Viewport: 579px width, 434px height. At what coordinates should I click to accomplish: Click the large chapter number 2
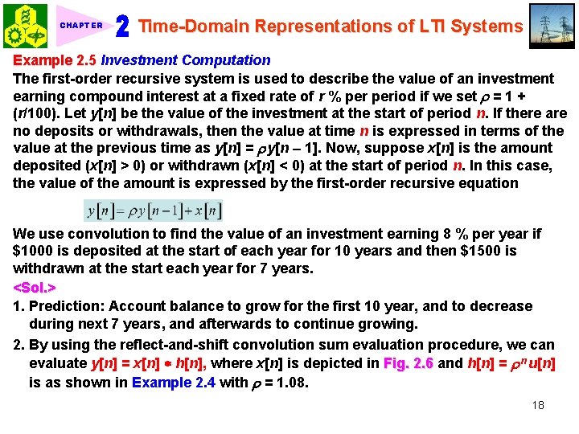click(x=123, y=27)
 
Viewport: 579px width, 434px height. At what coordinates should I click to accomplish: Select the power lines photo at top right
click(x=552, y=26)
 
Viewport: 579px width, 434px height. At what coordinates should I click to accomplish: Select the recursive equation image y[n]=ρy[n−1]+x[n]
click(x=153, y=211)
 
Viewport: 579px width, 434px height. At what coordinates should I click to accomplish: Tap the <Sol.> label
click(x=35, y=288)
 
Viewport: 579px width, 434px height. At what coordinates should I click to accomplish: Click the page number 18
click(x=538, y=405)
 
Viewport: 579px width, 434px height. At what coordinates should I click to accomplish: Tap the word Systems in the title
click(x=487, y=26)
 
